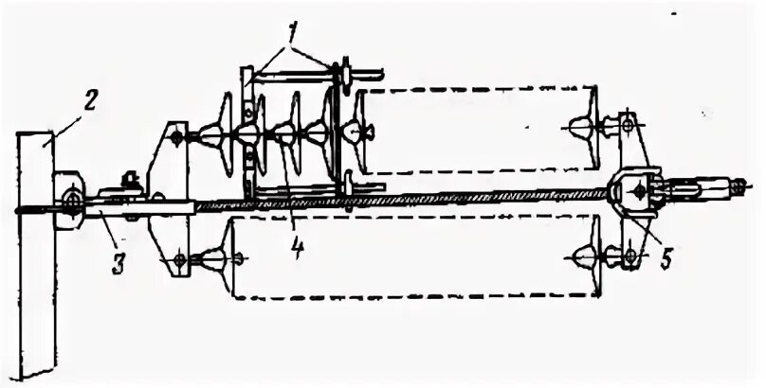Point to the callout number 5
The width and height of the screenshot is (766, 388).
[668, 257]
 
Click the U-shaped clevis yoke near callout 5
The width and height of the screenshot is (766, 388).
[637, 192]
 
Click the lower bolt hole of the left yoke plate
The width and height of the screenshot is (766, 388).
[180, 256]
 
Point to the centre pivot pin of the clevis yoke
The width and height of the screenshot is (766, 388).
[640, 191]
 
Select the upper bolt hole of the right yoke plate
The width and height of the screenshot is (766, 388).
[627, 126]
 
